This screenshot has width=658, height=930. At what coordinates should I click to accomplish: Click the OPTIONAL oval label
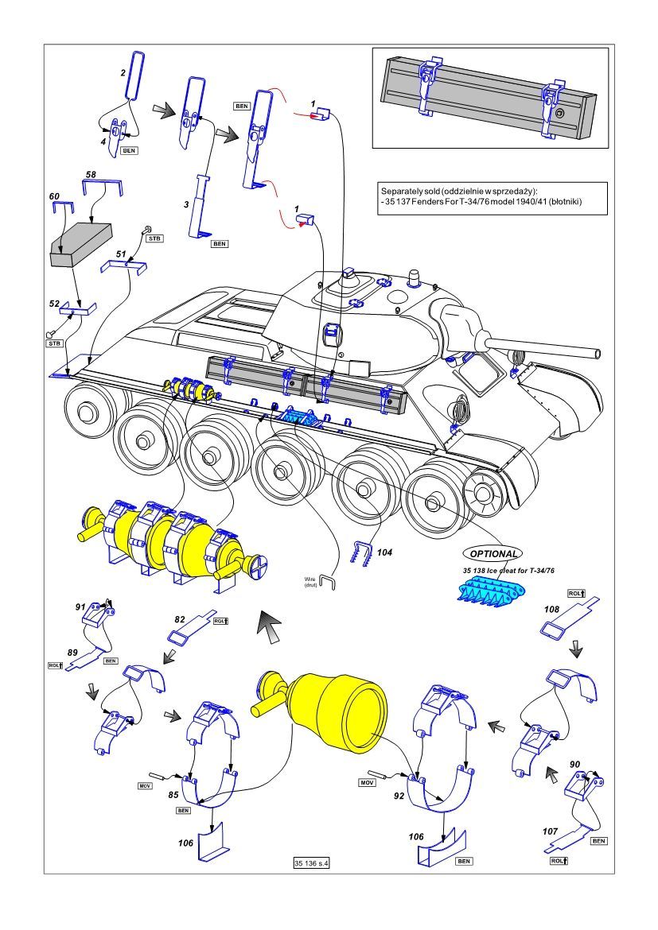tap(493, 553)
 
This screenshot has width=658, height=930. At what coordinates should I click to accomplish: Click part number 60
tap(54, 196)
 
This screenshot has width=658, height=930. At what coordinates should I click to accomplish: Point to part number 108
tap(551, 610)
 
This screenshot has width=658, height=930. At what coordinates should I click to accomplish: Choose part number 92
tap(400, 793)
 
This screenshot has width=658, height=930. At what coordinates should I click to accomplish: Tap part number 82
tap(180, 618)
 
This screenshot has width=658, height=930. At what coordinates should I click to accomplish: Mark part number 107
tap(550, 831)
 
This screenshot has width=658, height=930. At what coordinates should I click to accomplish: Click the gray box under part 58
tap(80, 243)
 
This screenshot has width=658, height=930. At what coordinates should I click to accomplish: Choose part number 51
tap(122, 254)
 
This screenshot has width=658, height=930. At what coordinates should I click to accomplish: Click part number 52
tap(54, 304)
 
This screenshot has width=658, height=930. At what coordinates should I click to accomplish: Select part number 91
tap(80, 606)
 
